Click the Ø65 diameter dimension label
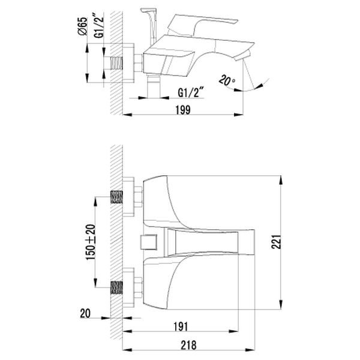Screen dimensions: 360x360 pos(83,26)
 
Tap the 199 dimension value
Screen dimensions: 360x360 pos(183,110)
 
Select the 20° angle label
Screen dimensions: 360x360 pos(227,81)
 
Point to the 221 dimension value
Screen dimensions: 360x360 pos(276,242)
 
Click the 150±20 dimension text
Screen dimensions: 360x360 pos(91,242)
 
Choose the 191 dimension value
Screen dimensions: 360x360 pos(181,327)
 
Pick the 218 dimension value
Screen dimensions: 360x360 pos(189,345)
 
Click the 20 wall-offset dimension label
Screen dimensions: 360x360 pos(85,313)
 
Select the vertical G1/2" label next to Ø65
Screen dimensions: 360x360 pos(99,25)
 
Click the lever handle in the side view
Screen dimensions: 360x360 pos(202,25)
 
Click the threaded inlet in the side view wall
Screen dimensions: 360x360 pos(116,63)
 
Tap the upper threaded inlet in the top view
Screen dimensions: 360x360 pos(116,197)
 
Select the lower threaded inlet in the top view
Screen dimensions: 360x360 pos(116,287)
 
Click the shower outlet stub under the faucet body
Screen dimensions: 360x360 pos(154,85)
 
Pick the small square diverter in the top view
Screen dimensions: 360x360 pos(148,242)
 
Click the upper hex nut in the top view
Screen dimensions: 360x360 pos(138,197)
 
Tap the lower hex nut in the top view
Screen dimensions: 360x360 pos(138,287)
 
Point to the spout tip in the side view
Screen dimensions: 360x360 pos(243,56)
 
